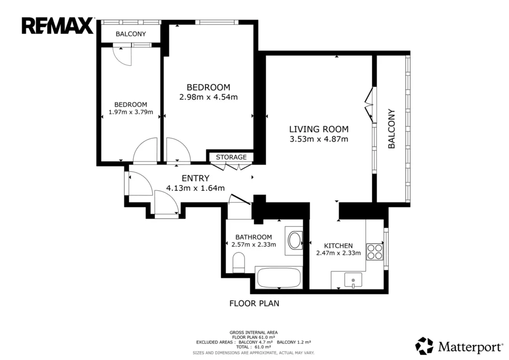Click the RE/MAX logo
pos(58,26)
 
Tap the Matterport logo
pos(459,346)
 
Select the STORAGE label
pos(231,157)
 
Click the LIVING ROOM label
pos(319,129)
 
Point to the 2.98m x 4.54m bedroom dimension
pos(208,97)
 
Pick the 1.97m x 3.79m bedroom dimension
pos(131,112)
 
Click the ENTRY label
pos(195,178)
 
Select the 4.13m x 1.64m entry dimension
pos(195,188)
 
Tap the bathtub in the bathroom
pos(279,278)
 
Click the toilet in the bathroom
pos(239,263)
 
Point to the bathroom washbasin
pos(295,241)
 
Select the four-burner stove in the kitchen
pos(375,252)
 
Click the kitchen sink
pos(353,280)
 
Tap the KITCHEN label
pos(338,246)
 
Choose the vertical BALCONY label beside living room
pos(392,129)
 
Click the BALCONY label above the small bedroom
pos(131,34)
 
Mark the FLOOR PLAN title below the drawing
pos(254,303)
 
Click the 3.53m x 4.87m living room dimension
pos(319,139)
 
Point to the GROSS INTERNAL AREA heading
pos(254,333)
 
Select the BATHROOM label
pos(254,237)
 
